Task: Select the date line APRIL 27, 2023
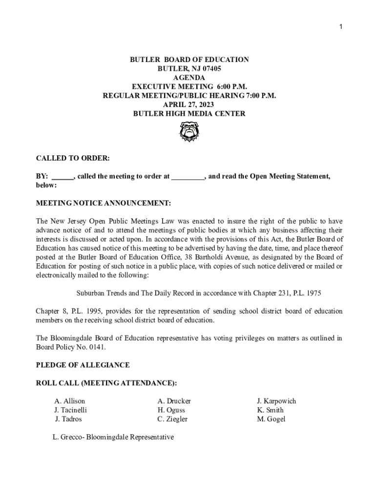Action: [189, 104]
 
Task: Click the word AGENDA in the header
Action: [189, 78]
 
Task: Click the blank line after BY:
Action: [63, 176]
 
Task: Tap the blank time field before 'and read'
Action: [188, 176]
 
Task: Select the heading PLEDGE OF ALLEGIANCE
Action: [83, 365]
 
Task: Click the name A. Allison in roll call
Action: [69, 401]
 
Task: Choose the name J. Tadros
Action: [68, 419]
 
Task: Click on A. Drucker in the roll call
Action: [174, 401]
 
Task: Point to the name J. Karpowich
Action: [276, 401]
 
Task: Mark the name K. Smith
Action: [270, 410]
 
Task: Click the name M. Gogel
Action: [271, 419]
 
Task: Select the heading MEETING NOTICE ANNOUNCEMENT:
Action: [104, 203]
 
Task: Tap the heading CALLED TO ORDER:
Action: [73, 159]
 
